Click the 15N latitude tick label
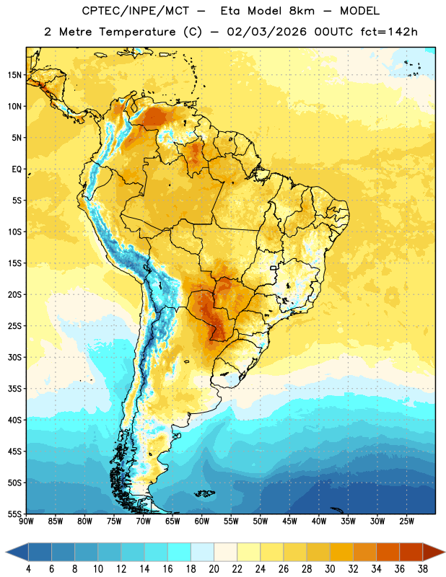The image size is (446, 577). pos(15,75)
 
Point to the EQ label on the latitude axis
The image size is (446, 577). pos(17,169)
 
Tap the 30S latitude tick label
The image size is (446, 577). pos(15,357)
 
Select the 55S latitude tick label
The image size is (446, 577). pos(15,514)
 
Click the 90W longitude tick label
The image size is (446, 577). pos(26,521)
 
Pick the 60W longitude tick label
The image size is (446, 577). pos(202,521)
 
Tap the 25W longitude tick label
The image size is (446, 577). pos(406,521)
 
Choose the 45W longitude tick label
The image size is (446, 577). pos(289,521)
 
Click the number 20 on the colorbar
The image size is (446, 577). pos(214,569)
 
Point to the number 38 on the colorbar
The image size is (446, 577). pos(422,569)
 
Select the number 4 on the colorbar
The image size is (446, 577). pos(28,569)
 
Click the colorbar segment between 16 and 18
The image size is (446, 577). pos(180,552)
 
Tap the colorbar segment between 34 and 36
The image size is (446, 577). pos(388,552)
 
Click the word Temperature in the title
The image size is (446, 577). pos(137,32)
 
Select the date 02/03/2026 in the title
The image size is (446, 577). pos(266,32)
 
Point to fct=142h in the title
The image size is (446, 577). pos(389,32)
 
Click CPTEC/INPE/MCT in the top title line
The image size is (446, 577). pos(135,11)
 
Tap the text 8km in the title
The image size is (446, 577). pos(302,11)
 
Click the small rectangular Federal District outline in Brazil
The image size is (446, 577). pos(274,268)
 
